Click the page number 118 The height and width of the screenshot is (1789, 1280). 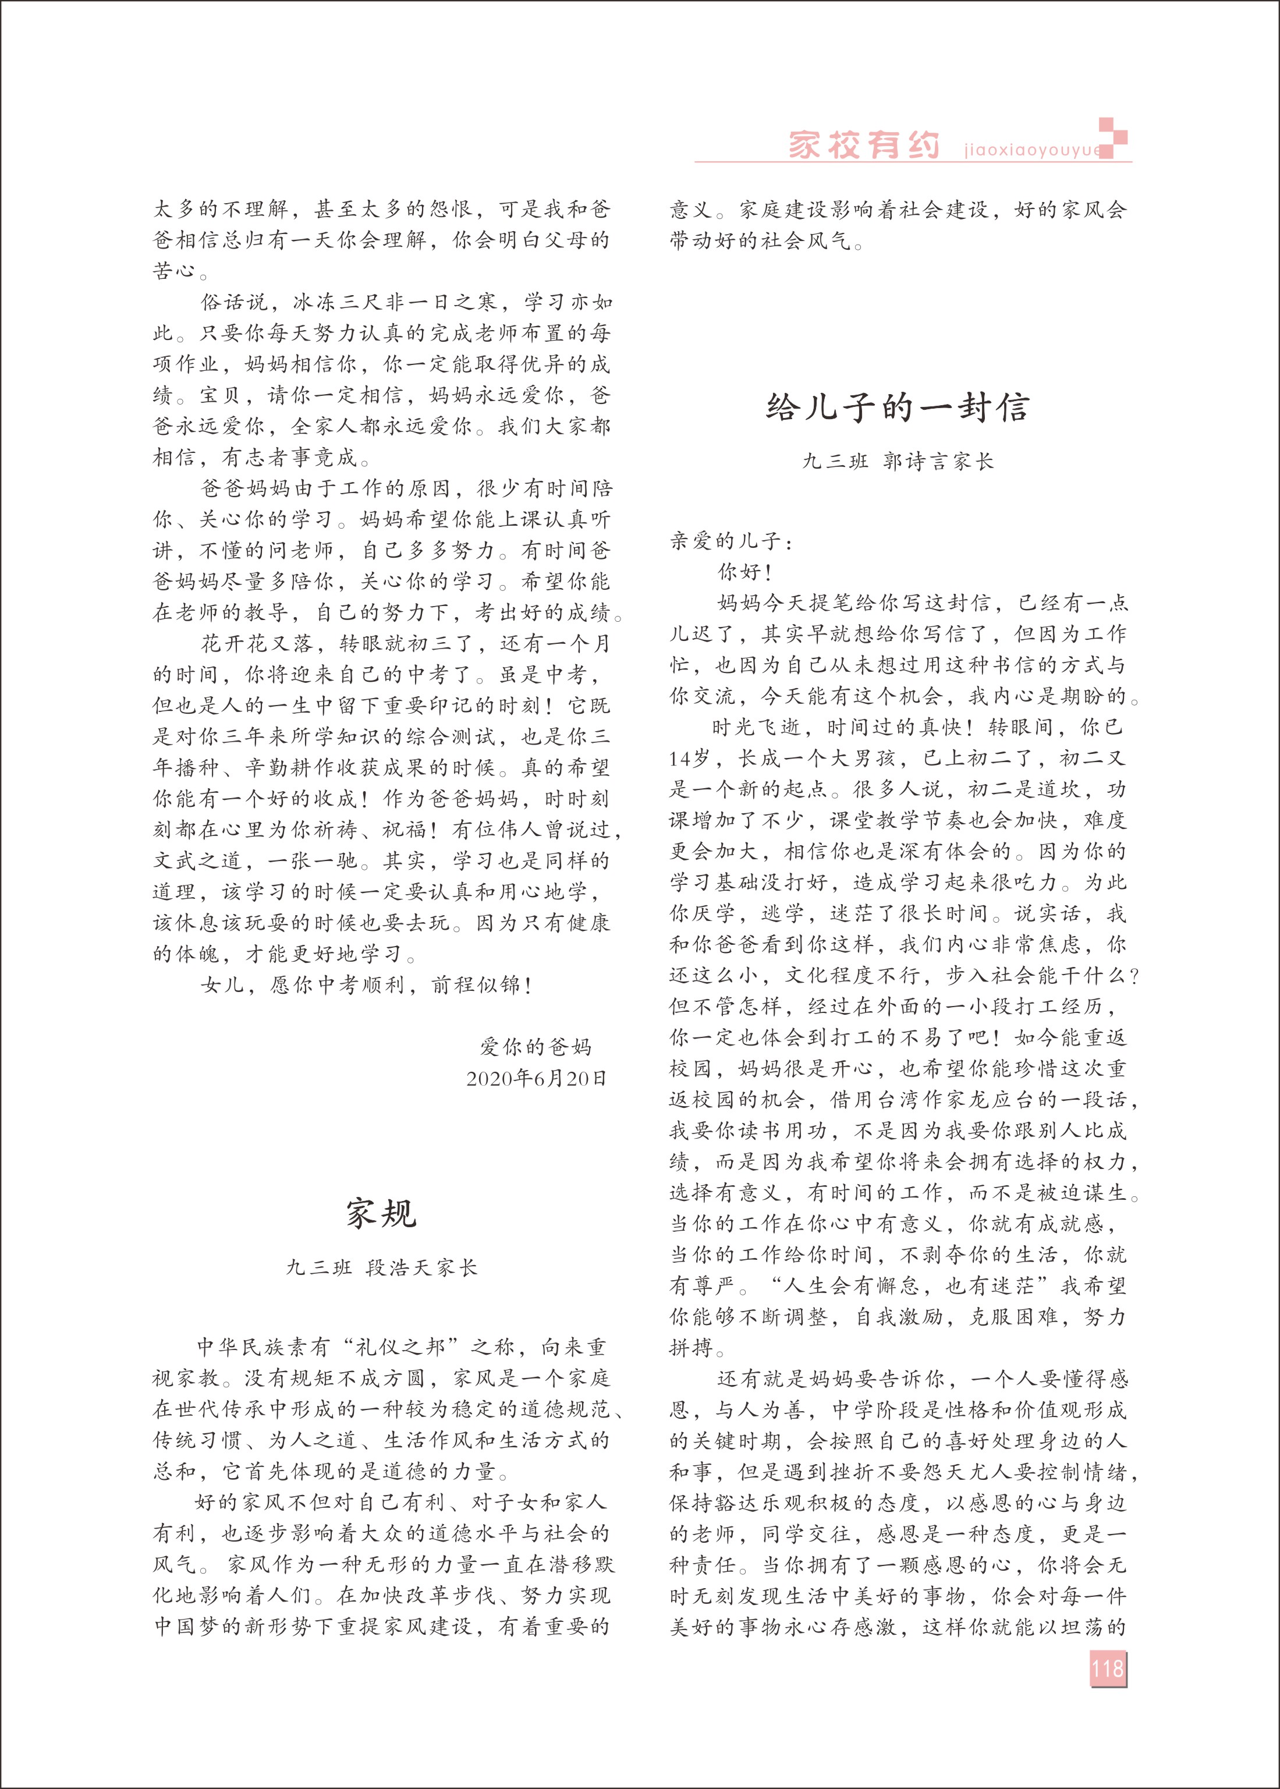pyautogui.click(x=1107, y=1668)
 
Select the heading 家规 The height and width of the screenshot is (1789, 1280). pyautogui.click(x=381, y=1214)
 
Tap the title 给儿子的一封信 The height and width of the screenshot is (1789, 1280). pyautogui.click(x=898, y=408)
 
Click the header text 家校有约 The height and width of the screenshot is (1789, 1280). pyautogui.click(x=864, y=146)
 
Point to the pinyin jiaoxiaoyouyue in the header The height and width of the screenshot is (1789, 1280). pyautogui.click(x=1031, y=150)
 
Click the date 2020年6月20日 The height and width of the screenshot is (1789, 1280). pyautogui.click(x=537, y=1079)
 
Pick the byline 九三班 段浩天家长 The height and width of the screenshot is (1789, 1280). pyautogui.click(x=381, y=1268)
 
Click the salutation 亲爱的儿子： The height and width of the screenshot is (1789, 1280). pyautogui.click(x=732, y=541)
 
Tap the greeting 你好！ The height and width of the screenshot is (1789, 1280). pyautogui.click(x=744, y=572)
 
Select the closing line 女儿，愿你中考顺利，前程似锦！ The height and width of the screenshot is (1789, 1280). pyautogui.click(x=367, y=985)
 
